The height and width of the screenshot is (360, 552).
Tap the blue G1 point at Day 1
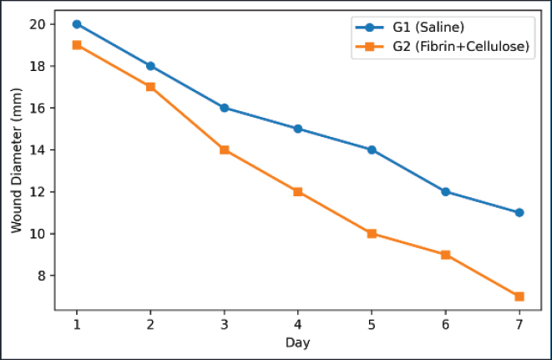(x=77, y=24)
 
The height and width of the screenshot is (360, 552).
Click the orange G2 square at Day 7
(x=519, y=297)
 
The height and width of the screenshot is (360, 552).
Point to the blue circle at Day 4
(x=298, y=129)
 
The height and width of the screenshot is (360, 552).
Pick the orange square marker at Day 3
(x=225, y=150)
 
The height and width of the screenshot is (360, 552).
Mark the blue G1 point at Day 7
(x=519, y=212)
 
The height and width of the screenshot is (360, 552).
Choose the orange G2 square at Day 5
(x=372, y=233)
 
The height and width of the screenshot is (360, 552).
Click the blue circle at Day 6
(x=445, y=191)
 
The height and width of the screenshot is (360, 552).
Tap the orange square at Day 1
(x=77, y=45)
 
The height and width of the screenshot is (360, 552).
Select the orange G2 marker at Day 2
(x=150, y=87)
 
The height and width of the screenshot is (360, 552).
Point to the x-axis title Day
(x=297, y=342)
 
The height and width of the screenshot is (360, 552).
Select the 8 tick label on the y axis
(x=43, y=276)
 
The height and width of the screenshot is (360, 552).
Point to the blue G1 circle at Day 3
(x=225, y=108)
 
